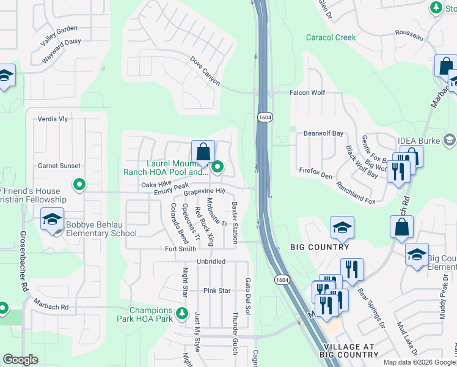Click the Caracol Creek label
point(331,37)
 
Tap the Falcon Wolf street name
point(307,93)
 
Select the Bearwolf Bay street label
point(324,133)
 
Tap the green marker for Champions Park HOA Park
point(181,314)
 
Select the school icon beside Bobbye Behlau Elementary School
point(53,220)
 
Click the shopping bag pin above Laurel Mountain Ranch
point(203,152)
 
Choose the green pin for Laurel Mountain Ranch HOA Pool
point(217,166)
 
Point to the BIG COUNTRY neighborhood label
point(320,247)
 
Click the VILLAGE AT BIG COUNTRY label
point(348,350)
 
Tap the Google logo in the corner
point(20,360)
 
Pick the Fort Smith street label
point(181,249)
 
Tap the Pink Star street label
point(218,291)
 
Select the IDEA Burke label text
point(418,141)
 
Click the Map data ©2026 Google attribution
point(419,362)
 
